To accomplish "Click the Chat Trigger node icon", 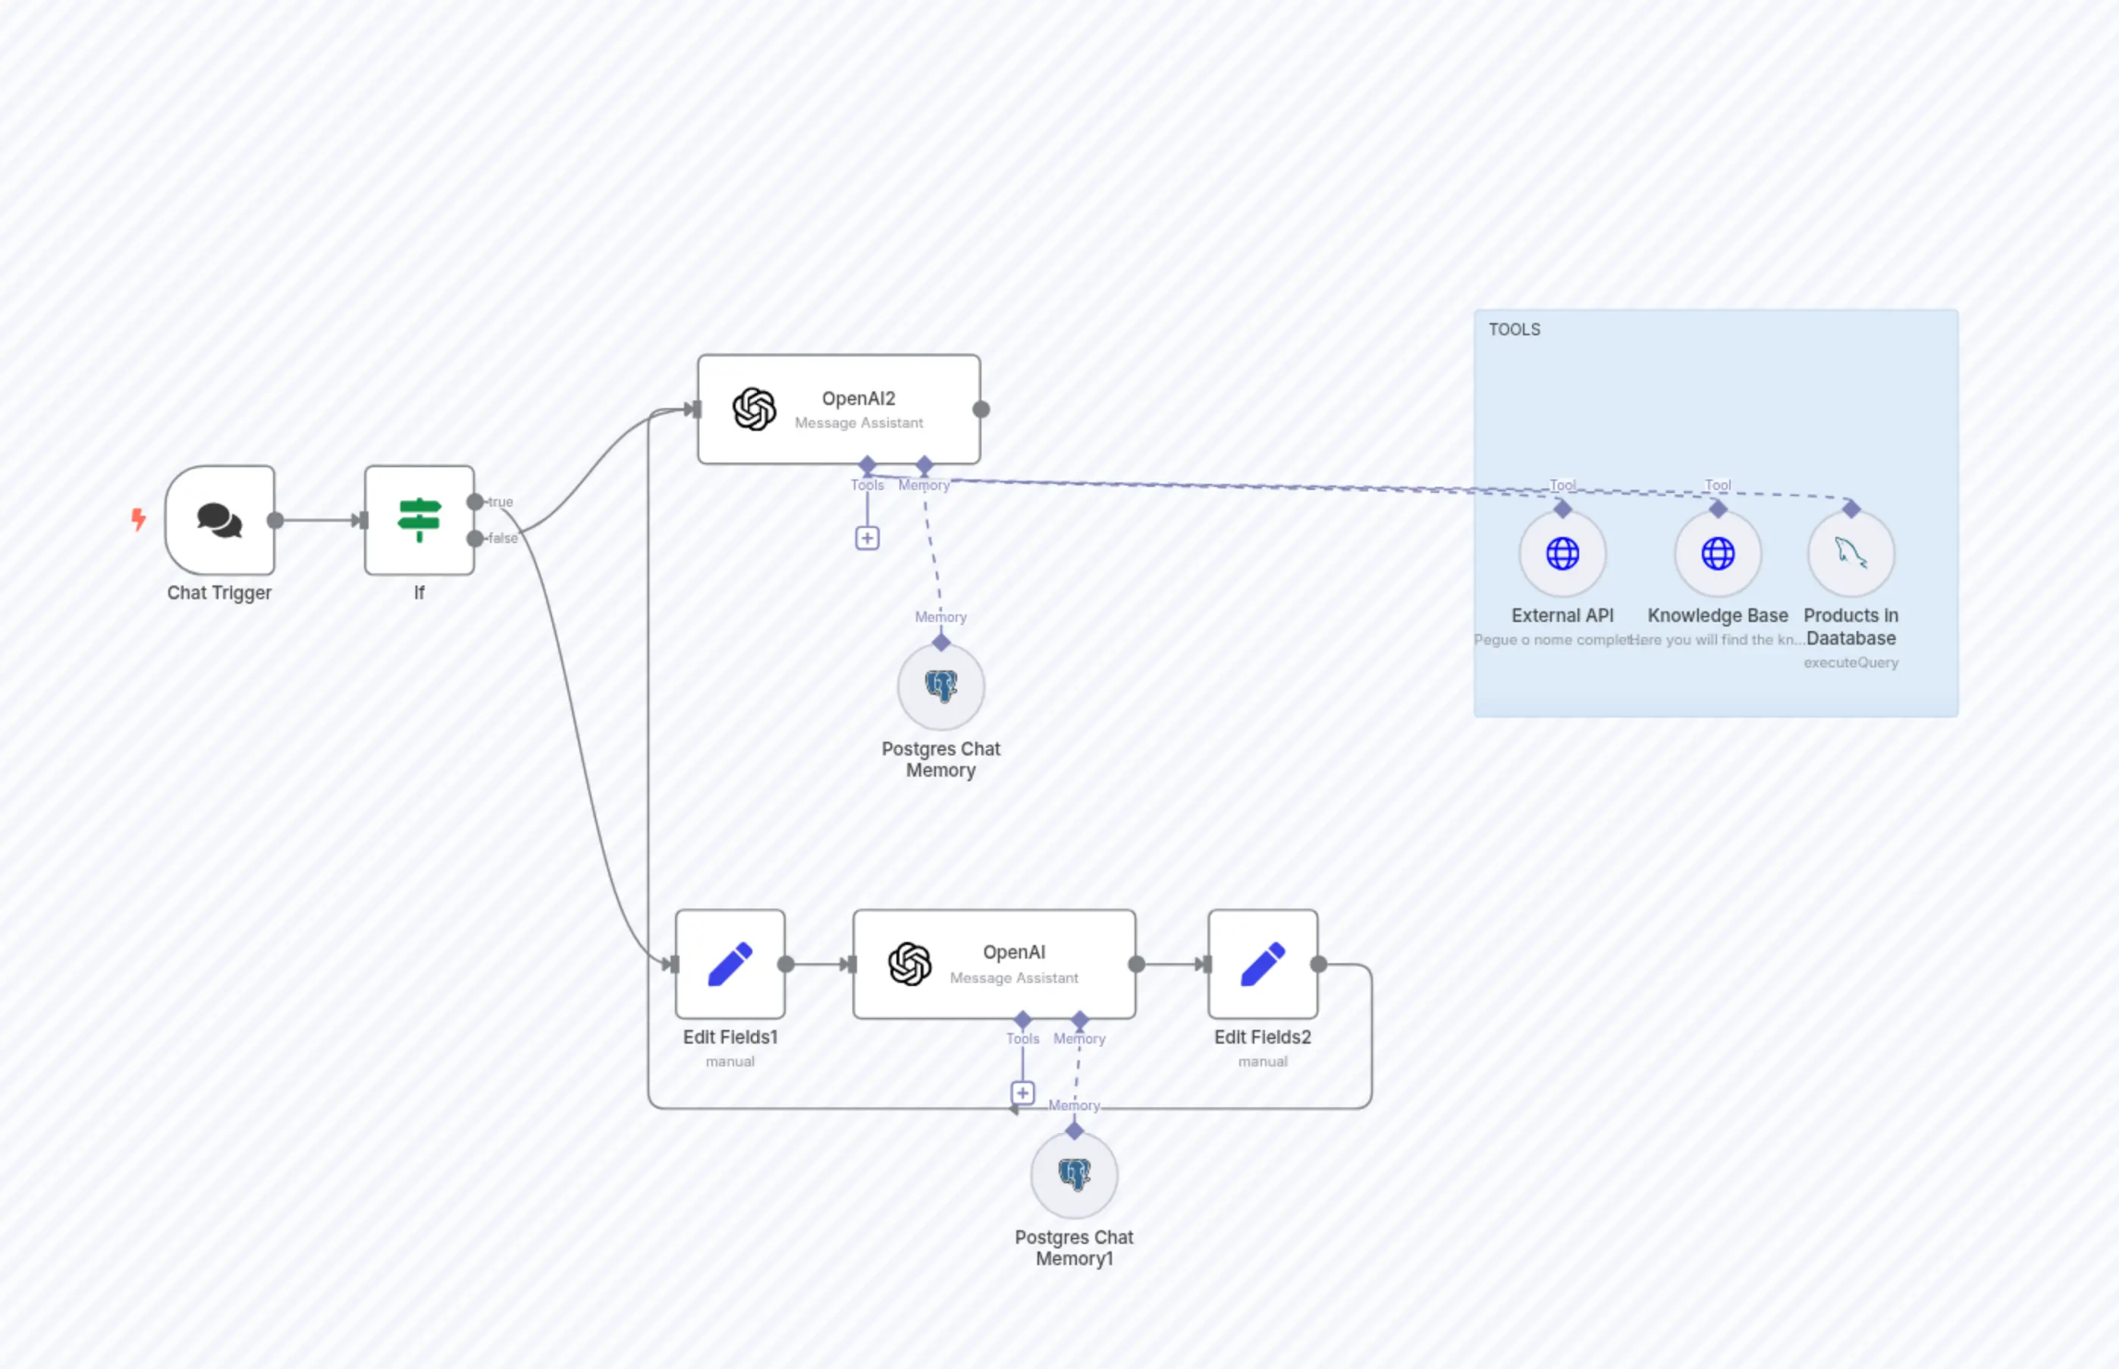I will click(x=219, y=520).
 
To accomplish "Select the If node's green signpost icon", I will click(x=419, y=520).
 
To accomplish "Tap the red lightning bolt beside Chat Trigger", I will click(x=139, y=518).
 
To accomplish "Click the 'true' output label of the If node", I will click(x=501, y=501).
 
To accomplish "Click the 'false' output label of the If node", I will click(x=503, y=538).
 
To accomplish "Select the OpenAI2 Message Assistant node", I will click(x=839, y=409).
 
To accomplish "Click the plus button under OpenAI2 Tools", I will click(x=868, y=538).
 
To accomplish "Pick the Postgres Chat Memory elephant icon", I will click(x=940, y=686).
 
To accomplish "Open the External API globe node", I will click(x=1562, y=553).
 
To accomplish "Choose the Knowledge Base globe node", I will click(x=1717, y=553).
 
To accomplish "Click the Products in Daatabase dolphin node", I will click(x=1851, y=553).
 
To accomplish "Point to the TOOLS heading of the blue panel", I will click(x=1515, y=330).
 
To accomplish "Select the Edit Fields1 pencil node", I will click(x=730, y=964).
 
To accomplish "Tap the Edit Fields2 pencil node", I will click(x=1262, y=964).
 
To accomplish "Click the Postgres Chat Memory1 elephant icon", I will click(x=1074, y=1174).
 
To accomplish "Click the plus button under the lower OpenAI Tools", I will click(x=1022, y=1092).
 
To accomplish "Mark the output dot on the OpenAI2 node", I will click(x=981, y=409).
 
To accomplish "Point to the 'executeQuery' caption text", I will click(x=1851, y=662).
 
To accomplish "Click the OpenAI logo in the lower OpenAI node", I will click(x=909, y=964).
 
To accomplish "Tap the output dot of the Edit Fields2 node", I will click(x=1319, y=964).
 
